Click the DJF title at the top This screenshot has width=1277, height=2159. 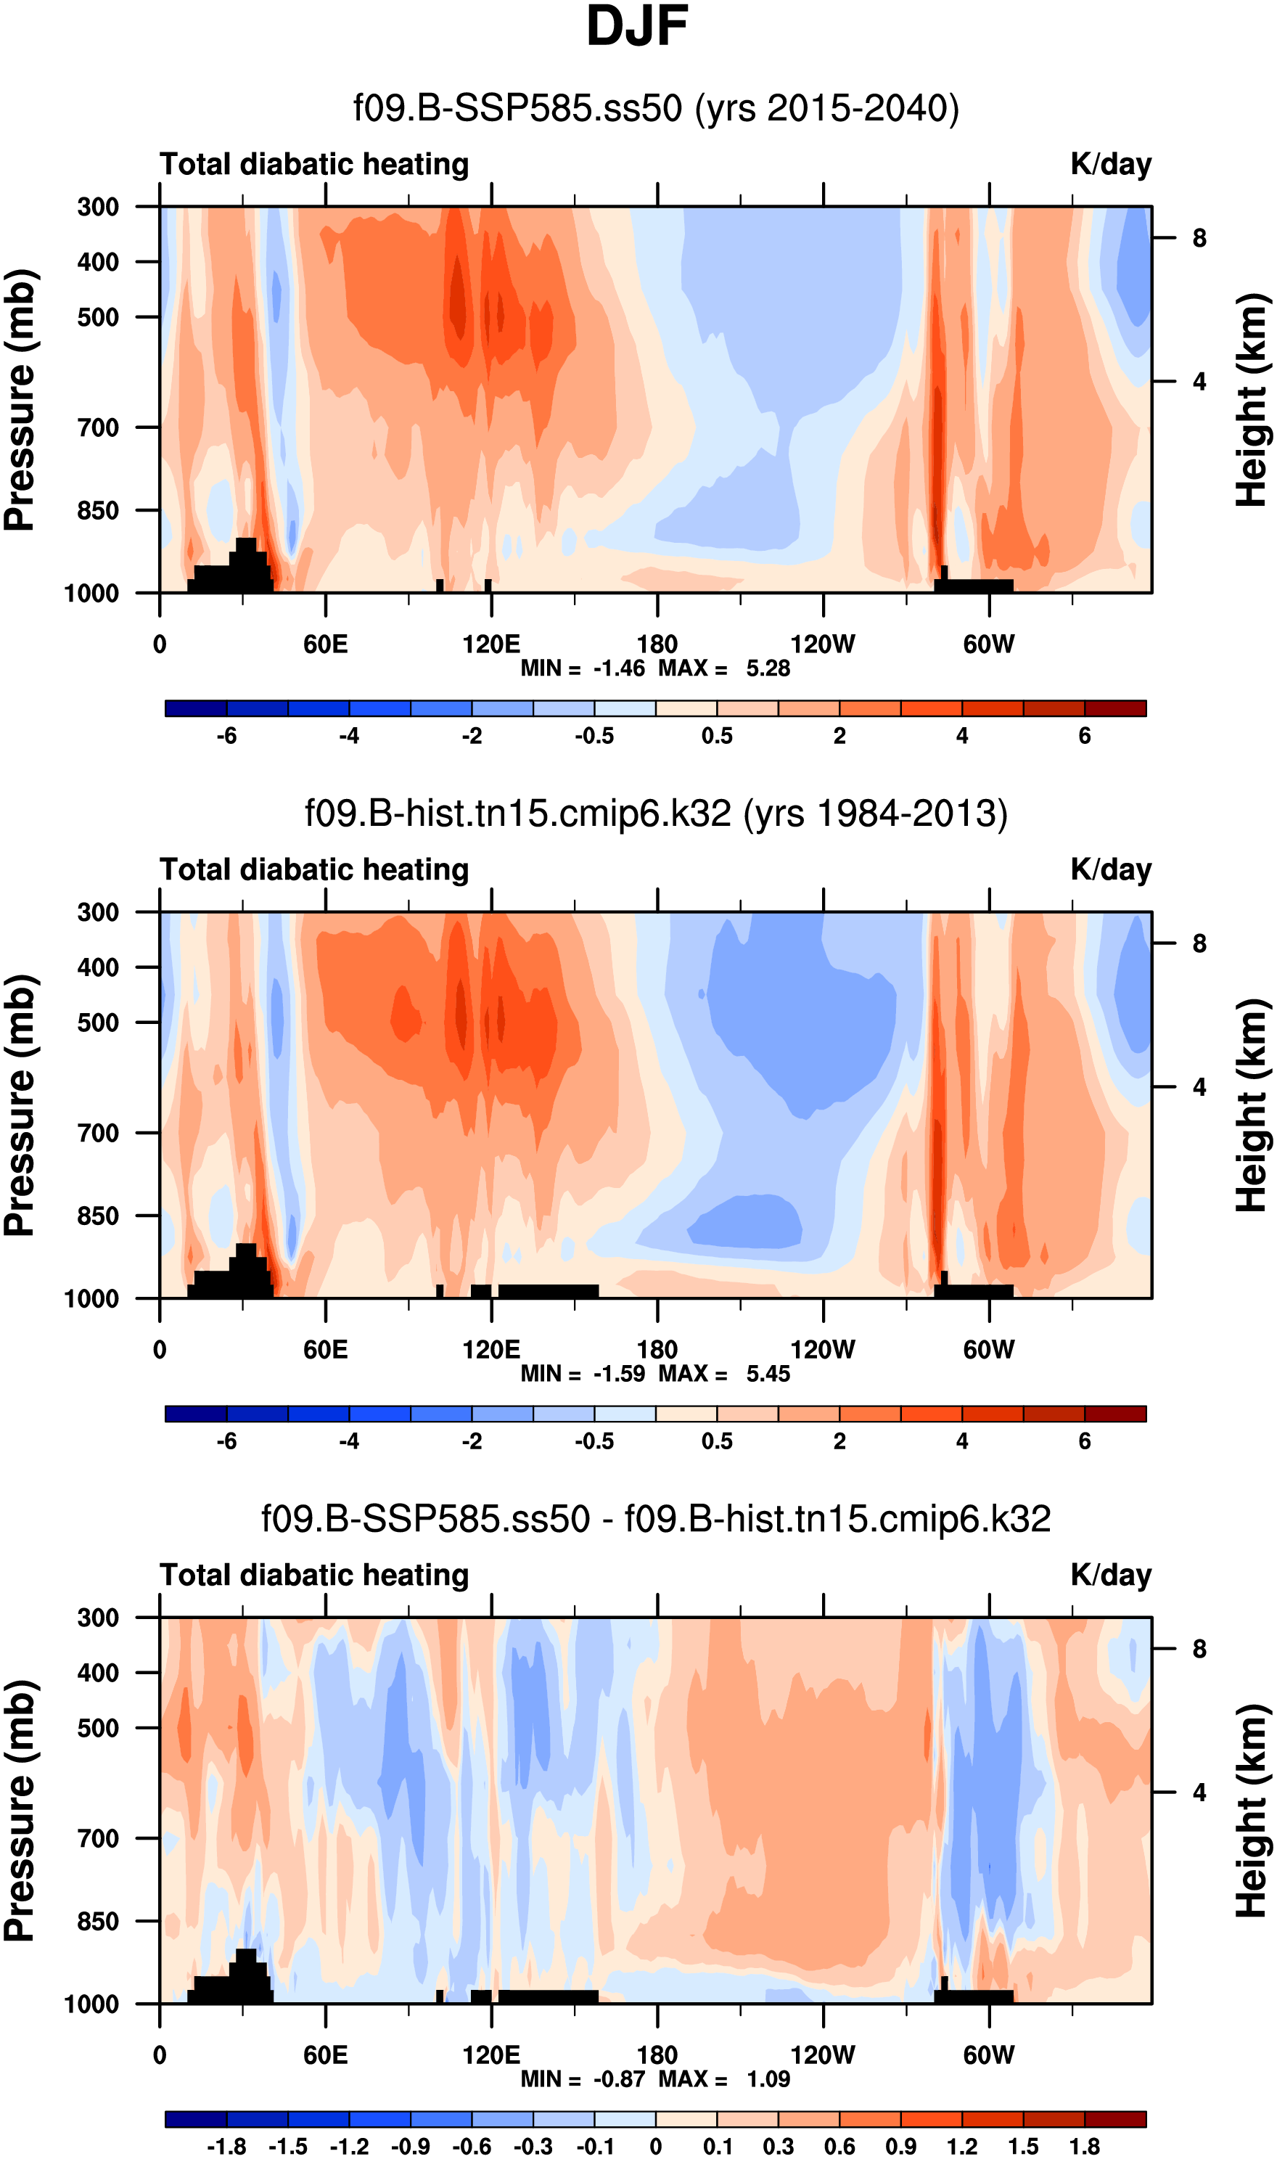[637, 28]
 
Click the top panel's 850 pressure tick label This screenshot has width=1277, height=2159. [98, 510]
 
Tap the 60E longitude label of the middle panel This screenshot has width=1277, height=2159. [325, 1348]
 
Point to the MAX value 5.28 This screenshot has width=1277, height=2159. [768, 668]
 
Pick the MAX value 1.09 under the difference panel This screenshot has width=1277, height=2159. [768, 2079]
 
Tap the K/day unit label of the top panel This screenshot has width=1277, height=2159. [1110, 164]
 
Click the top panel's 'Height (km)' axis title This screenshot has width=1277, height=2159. [1252, 399]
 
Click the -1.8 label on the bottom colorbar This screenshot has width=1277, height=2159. [226, 2140]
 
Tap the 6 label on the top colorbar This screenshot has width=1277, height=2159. [1084, 736]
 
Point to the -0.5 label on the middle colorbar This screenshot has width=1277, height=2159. [595, 1441]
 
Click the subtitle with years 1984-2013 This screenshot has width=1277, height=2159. [656, 814]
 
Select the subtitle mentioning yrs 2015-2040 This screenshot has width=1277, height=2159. [656, 108]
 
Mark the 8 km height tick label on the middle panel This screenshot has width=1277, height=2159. [1199, 944]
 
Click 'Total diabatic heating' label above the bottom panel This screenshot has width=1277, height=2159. [314, 1575]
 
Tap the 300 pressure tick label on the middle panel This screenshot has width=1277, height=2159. [98, 912]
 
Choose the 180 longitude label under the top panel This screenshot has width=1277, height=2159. [657, 644]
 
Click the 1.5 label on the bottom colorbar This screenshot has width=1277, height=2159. [1023, 2140]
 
